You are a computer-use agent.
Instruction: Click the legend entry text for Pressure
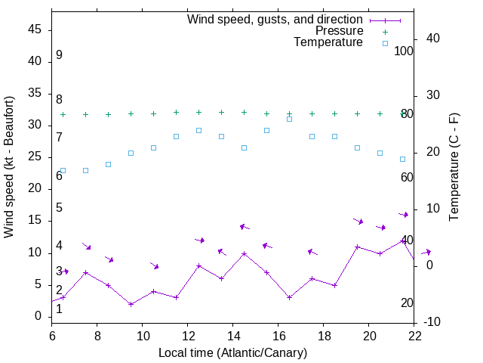(x=339, y=31)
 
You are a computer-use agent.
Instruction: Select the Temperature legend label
(x=328, y=42)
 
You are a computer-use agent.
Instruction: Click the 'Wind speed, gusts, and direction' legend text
(x=275, y=19)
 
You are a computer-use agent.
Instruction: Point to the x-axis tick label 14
(x=233, y=336)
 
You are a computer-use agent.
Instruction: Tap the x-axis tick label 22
(x=414, y=336)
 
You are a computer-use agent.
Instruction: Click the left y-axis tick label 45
(x=34, y=29)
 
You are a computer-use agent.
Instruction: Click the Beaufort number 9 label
(x=59, y=55)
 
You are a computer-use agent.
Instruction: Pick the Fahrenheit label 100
(x=405, y=51)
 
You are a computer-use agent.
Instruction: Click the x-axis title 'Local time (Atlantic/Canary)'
(x=233, y=352)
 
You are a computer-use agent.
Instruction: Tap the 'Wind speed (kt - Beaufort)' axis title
(x=9, y=166)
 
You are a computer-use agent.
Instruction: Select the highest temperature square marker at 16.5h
(x=289, y=119)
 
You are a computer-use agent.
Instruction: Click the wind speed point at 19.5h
(x=357, y=247)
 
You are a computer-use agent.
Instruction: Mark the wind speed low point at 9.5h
(x=131, y=304)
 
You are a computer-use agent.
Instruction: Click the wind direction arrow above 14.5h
(x=244, y=227)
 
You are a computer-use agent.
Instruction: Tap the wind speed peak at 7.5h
(x=85, y=272)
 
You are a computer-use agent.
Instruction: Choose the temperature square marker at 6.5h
(x=63, y=170)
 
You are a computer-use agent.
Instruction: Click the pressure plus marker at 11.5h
(x=176, y=112)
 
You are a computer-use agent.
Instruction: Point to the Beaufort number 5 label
(x=59, y=208)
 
